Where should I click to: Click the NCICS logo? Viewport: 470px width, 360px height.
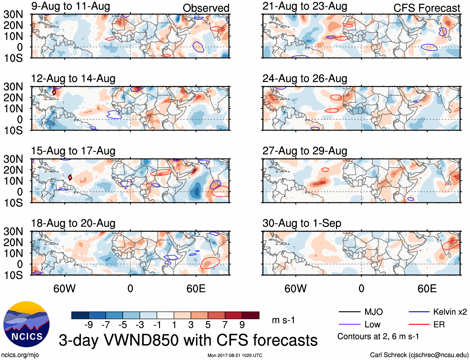(x=26, y=324)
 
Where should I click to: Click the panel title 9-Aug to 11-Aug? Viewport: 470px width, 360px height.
(x=71, y=6)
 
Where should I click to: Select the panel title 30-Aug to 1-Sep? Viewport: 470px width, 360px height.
(x=302, y=223)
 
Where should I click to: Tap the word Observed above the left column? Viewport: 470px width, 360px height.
(x=206, y=8)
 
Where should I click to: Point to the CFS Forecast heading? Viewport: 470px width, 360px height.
(x=426, y=8)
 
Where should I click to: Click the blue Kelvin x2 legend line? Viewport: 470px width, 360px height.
(x=419, y=312)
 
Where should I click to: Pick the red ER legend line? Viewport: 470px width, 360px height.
(x=419, y=325)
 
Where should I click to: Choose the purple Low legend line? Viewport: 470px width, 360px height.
(x=349, y=325)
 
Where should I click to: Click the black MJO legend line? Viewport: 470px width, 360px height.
(x=349, y=312)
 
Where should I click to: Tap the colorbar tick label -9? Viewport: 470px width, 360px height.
(x=88, y=325)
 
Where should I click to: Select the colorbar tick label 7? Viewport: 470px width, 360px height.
(x=225, y=325)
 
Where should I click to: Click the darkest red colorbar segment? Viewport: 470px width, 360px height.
(x=251, y=315)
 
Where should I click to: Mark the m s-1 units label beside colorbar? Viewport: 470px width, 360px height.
(x=283, y=320)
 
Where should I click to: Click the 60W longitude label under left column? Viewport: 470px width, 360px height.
(x=64, y=288)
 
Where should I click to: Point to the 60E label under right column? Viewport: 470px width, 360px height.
(x=427, y=288)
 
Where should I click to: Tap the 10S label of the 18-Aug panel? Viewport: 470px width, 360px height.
(x=13, y=275)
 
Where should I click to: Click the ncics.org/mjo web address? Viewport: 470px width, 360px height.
(x=20, y=355)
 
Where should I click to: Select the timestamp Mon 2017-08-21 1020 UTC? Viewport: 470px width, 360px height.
(x=235, y=355)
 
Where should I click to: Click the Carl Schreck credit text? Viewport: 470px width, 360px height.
(x=419, y=355)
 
